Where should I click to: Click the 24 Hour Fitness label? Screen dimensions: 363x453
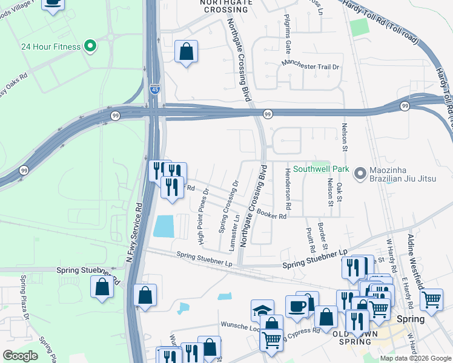50,47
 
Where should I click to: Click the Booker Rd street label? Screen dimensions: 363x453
271,213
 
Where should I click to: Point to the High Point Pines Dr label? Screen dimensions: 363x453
204,216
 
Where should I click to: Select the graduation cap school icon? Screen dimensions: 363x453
262,311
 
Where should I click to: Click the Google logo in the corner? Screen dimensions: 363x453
21,356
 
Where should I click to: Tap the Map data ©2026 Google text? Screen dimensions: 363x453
415,358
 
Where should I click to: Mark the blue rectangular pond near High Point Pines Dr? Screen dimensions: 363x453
164,226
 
